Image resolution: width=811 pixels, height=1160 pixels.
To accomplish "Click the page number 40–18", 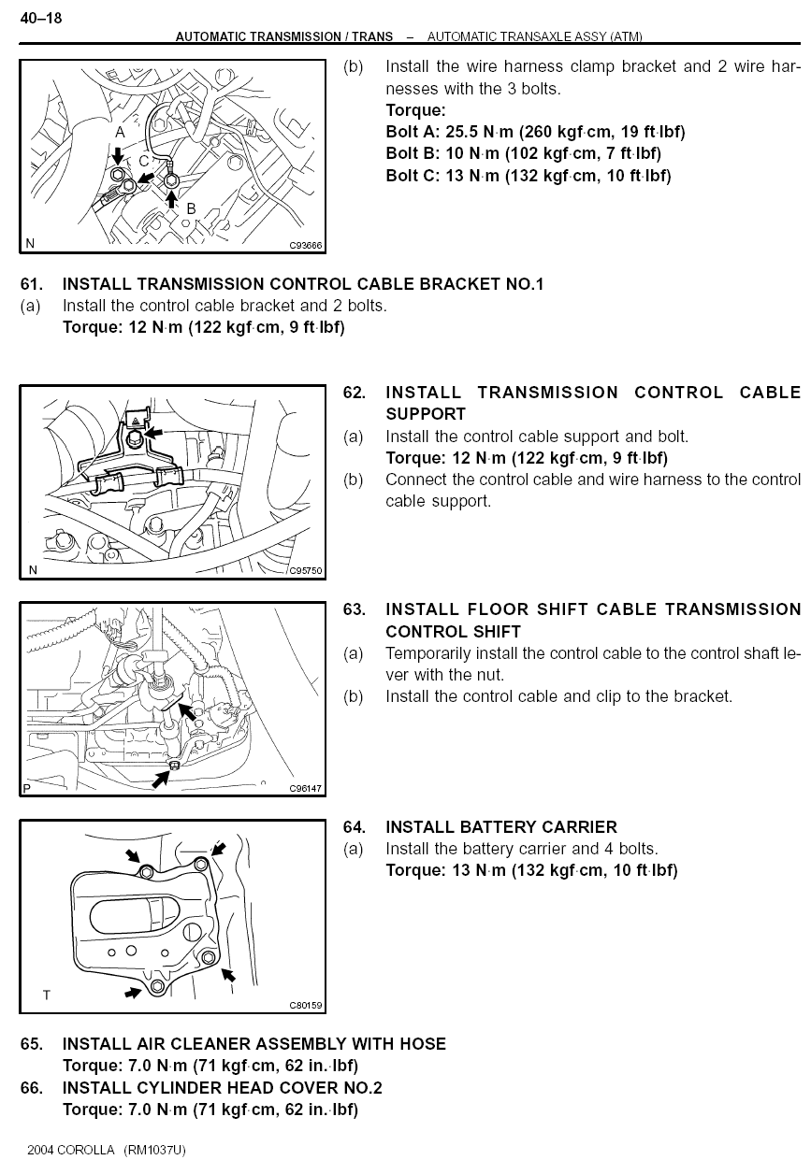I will click(x=41, y=17).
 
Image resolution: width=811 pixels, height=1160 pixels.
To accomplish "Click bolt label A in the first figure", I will click(x=120, y=134).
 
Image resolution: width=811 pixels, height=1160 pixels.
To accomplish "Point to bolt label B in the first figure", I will click(x=191, y=208).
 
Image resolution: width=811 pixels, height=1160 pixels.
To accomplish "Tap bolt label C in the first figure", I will click(x=143, y=161).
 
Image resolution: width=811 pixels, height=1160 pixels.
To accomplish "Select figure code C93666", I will click(x=306, y=246).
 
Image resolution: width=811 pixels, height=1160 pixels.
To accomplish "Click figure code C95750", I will click(x=306, y=570).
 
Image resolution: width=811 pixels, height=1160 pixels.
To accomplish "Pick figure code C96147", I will click(x=306, y=788).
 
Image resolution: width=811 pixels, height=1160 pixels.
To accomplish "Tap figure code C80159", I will click(x=306, y=1006).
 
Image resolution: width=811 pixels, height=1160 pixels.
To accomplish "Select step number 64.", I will click(x=355, y=827).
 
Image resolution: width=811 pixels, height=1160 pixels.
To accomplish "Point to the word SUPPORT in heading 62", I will click(x=426, y=414).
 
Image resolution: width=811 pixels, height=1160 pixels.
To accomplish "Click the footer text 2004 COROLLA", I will click(x=71, y=1150).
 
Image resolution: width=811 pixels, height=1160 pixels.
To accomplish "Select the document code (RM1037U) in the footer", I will click(x=154, y=1150).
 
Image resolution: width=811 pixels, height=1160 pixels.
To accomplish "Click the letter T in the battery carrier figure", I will click(x=47, y=995).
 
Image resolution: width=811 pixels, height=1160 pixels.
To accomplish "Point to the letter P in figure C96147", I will click(x=27, y=789).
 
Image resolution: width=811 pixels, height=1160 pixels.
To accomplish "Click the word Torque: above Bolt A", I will click(x=415, y=111).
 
